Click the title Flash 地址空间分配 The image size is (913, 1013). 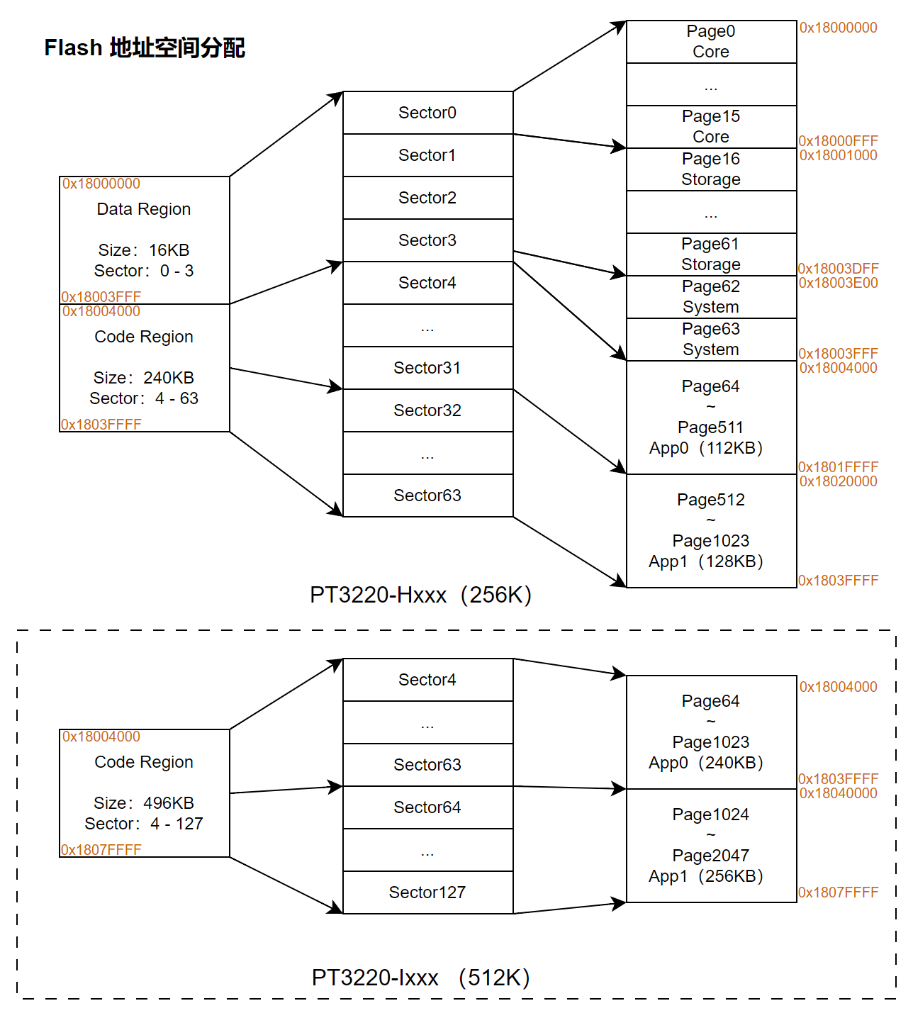point(145,47)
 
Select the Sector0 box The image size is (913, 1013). point(427,113)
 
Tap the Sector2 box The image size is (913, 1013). point(427,198)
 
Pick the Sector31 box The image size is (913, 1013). point(427,368)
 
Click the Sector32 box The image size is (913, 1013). point(427,410)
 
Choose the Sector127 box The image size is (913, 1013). point(427,892)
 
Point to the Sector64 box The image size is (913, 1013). point(427,807)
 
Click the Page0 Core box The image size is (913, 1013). point(711,42)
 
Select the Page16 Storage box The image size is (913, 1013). point(711,169)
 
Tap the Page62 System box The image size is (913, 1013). point(711,297)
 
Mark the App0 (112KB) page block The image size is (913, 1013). point(711,418)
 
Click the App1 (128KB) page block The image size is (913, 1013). point(711,531)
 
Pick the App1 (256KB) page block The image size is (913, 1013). point(711,846)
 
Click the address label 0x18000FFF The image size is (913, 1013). point(838,141)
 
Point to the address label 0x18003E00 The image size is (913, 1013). point(838,283)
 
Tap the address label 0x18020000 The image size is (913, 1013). point(838,481)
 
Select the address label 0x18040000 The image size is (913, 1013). point(838,793)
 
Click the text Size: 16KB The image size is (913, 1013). point(144,250)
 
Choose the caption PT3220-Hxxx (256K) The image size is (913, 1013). point(420,595)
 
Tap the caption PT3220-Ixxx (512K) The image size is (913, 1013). point(420,978)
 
